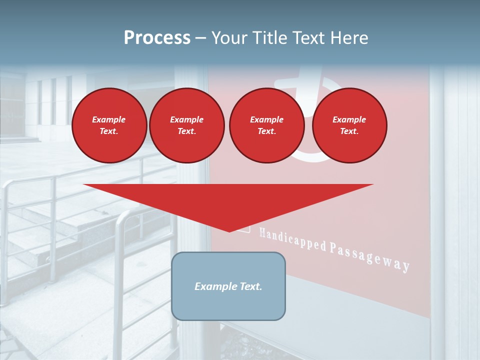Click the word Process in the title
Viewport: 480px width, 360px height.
157,38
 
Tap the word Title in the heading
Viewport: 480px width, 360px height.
268,38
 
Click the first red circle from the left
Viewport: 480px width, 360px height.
109,125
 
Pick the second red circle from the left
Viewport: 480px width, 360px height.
186,125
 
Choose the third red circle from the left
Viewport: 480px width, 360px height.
266,125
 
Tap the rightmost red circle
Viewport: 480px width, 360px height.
349,125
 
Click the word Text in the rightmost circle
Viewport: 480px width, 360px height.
349,131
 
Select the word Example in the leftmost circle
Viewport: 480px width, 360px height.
109,119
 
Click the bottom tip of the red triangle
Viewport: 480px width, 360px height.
229,230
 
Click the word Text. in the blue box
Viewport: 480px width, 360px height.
250,286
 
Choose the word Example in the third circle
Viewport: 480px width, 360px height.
266,119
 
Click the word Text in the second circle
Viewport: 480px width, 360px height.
186,131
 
